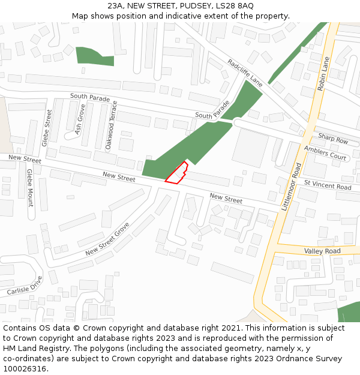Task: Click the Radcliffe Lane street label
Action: pos(245,72)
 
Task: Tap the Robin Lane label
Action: pos(323,74)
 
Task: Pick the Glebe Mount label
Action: pos(30,187)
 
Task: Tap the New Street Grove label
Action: pos(107,239)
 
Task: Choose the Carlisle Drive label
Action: pos(25,286)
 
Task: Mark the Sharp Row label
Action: pos(333,140)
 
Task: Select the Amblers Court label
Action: pos(325,153)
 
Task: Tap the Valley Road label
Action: pos(322,251)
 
